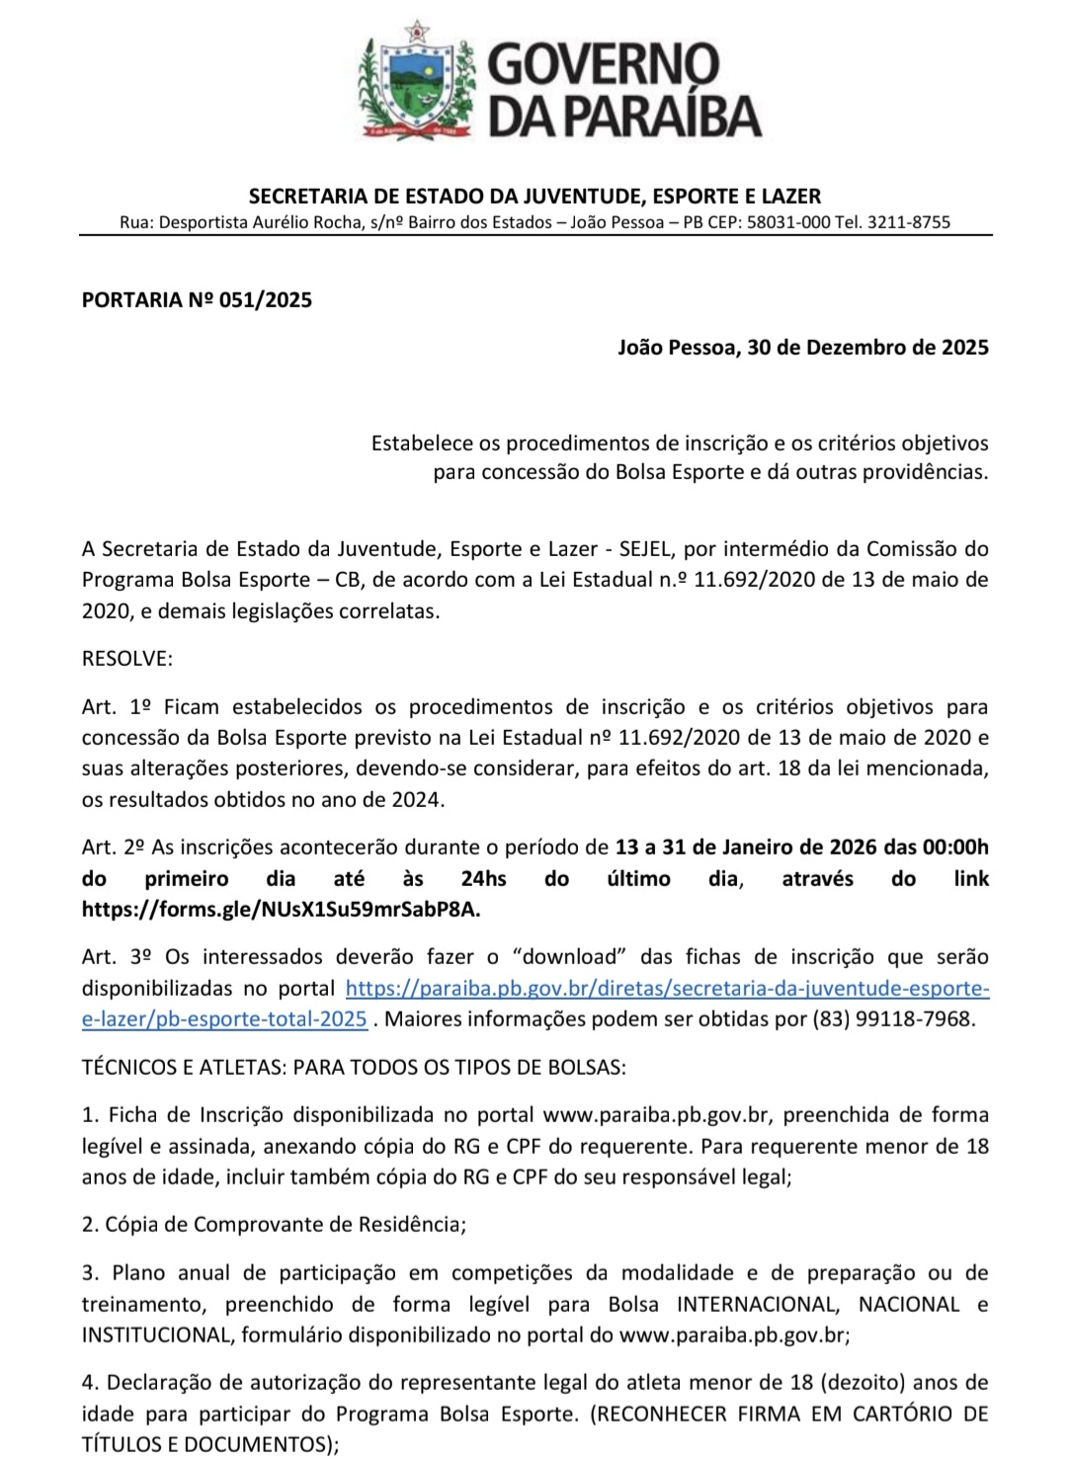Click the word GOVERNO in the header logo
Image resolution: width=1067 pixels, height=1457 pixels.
(x=604, y=64)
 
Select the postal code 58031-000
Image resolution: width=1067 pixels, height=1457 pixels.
(x=788, y=222)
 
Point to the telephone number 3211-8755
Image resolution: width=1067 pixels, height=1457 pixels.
(x=909, y=222)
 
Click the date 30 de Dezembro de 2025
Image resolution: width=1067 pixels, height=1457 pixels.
(x=868, y=347)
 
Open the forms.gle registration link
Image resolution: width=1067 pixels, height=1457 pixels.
(x=282, y=909)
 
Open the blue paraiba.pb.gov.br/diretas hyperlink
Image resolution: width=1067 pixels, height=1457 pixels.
(x=667, y=988)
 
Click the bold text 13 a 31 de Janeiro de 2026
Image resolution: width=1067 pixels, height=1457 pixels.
(x=746, y=847)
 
